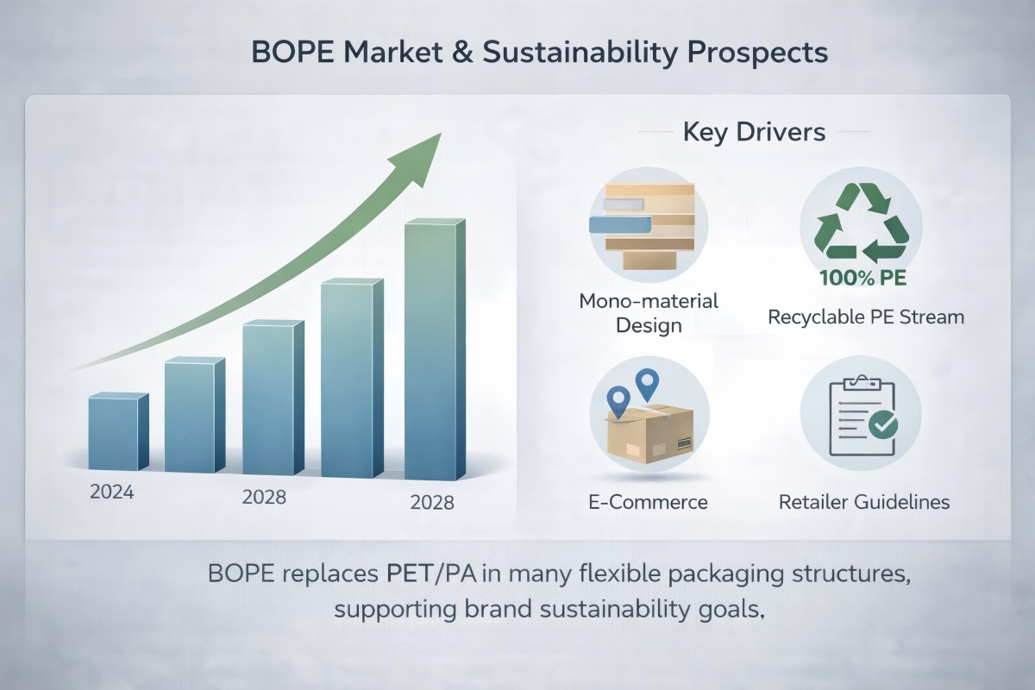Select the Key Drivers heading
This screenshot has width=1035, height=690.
pos(754,133)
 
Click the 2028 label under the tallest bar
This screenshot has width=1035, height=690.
pos(432,503)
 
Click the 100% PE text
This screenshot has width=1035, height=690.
pos(854,280)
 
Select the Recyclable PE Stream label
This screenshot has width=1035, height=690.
pos(866,317)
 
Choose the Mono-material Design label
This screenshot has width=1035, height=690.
pos(649,314)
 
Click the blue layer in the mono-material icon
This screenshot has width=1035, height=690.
pos(618,224)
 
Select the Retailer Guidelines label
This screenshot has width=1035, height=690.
pos(864,502)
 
